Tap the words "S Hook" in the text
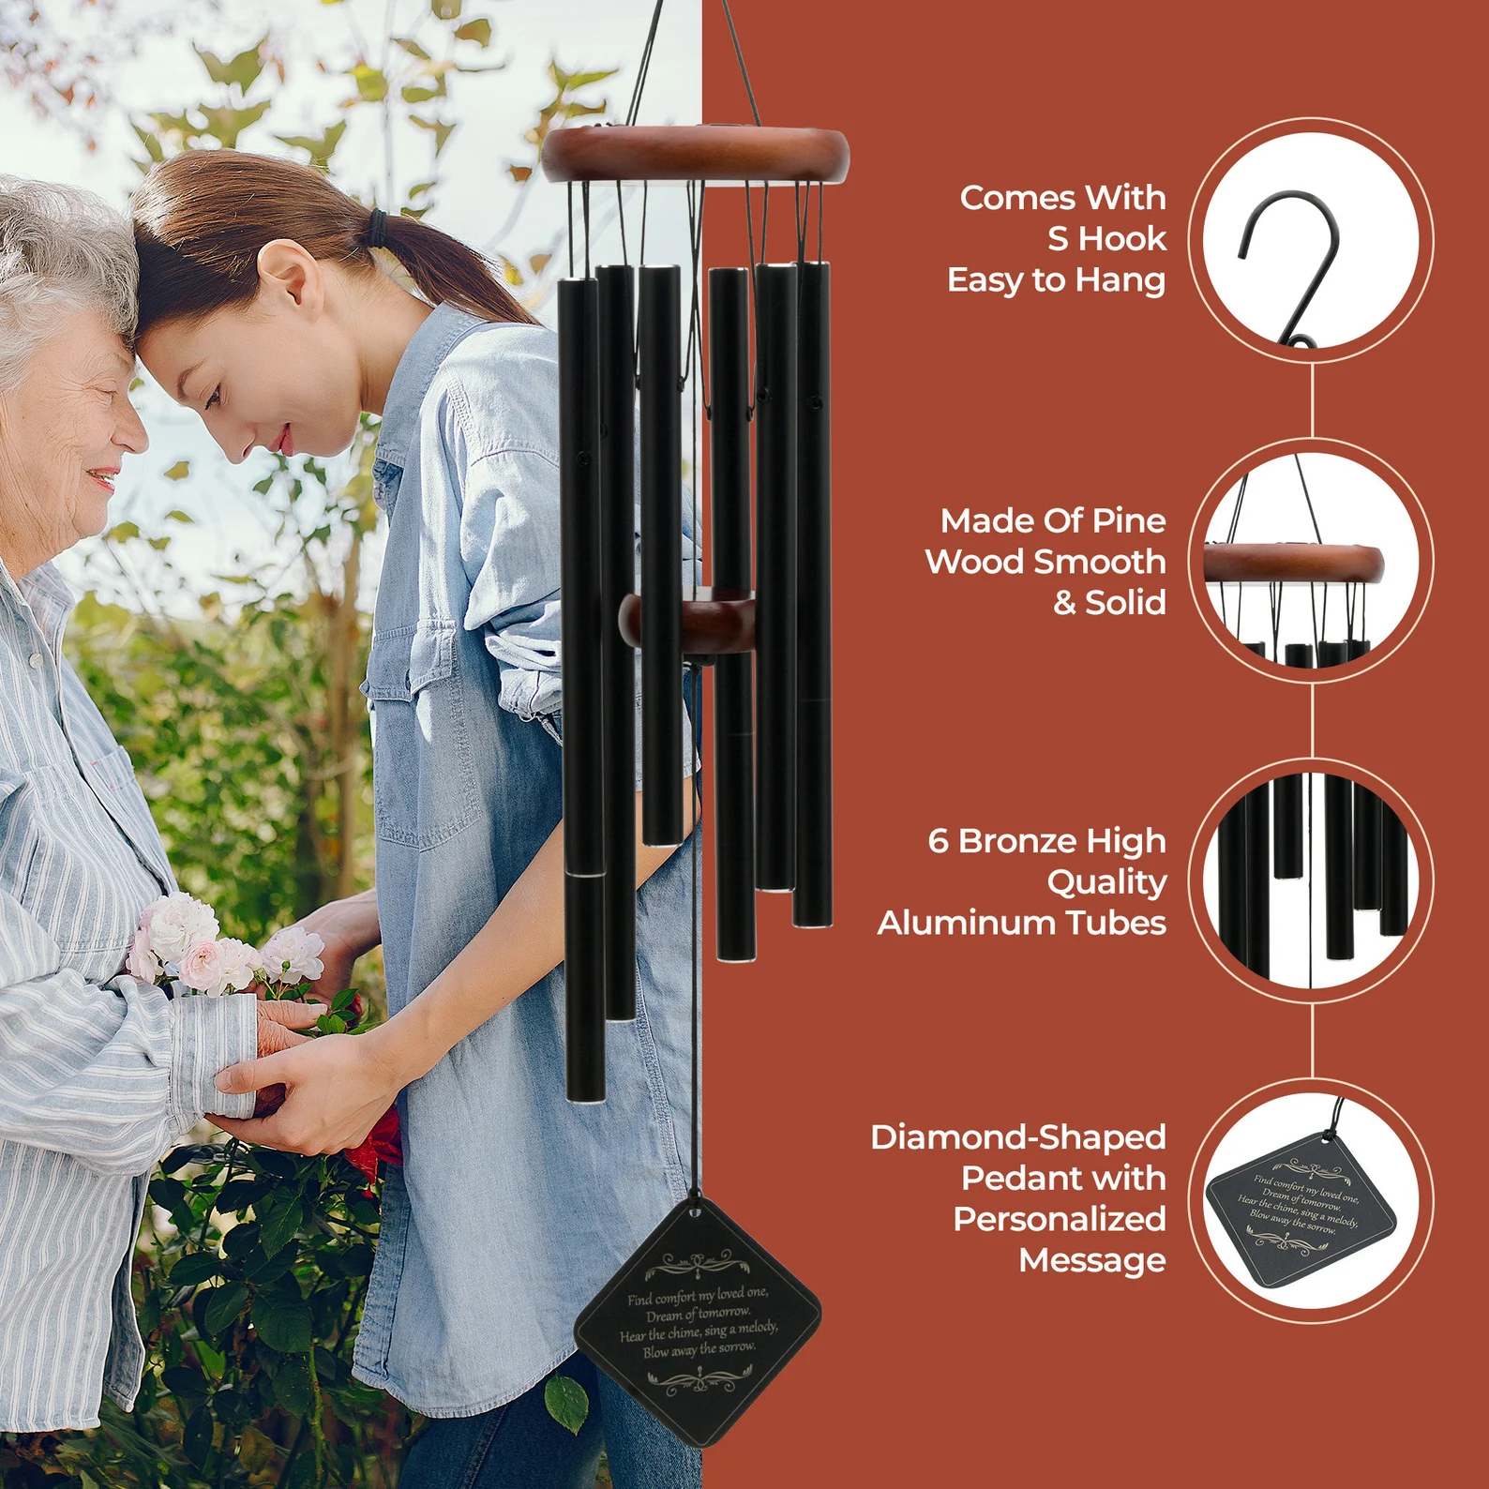pyautogui.click(x=1106, y=239)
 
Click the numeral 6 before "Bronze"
pyautogui.click(x=938, y=841)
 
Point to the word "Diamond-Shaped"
pyautogui.click(x=1017, y=1137)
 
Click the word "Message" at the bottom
pyautogui.click(x=1091, y=1260)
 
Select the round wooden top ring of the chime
pyautogui.click(x=695, y=155)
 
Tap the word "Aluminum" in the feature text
pyautogui.click(x=966, y=924)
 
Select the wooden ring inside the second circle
pyautogui.click(x=1294, y=564)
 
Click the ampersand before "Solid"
pyautogui.click(x=1064, y=603)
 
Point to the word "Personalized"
pyautogui.click(x=1060, y=1219)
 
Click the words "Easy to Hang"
pyautogui.click(x=1056, y=280)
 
